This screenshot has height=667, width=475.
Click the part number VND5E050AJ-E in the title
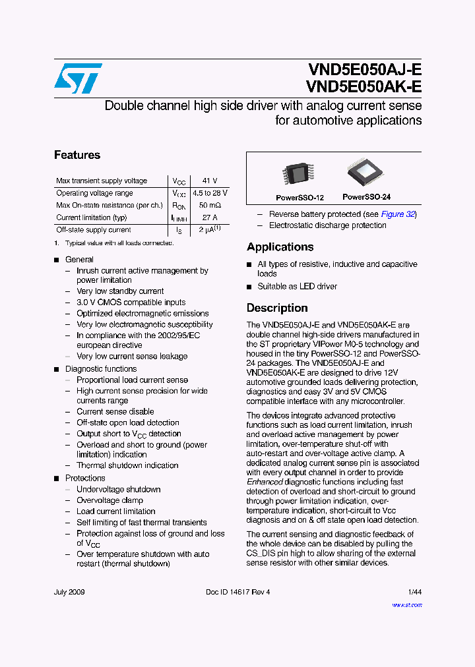click(364, 70)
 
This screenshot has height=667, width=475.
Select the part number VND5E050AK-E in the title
click(364, 87)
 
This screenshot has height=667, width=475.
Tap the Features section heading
click(77, 155)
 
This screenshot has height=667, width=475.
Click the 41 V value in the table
click(210, 181)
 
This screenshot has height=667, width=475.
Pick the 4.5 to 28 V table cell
click(210, 193)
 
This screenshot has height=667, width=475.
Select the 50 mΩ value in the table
click(210, 206)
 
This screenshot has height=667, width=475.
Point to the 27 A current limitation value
click(210, 217)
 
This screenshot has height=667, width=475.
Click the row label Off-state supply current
click(94, 230)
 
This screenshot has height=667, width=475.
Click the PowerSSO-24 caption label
click(367, 197)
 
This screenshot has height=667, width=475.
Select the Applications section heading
click(280, 247)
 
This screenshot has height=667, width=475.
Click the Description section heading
click(277, 308)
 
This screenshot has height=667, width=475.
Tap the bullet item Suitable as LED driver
click(297, 286)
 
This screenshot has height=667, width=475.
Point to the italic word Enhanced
click(264, 482)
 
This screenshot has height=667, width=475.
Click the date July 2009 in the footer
click(69, 592)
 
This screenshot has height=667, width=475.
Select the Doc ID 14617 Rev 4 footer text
click(237, 592)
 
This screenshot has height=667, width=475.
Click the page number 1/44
click(414, 592)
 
